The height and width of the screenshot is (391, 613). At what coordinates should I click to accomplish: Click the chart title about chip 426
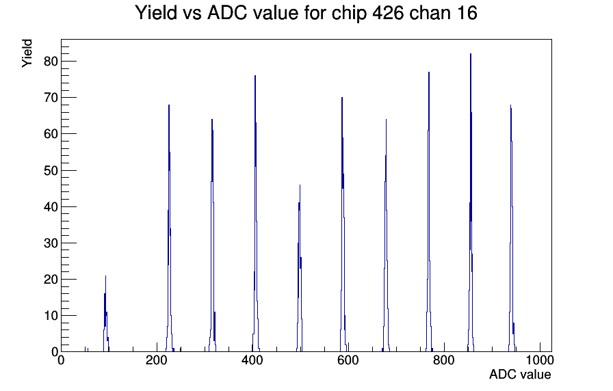(306, 13)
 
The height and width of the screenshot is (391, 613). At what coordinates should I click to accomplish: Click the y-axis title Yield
(27, 53)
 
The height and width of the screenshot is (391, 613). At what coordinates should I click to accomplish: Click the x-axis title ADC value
(520, 374)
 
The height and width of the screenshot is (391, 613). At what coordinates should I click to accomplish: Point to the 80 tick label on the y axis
(51, 62)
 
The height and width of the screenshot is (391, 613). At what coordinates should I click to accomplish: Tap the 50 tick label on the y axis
(51, 171)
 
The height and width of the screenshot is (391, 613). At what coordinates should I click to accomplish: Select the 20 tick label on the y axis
(51, 280)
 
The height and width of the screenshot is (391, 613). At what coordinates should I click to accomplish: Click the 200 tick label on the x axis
(157, 360)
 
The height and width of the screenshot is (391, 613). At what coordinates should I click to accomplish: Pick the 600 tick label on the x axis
(348, 360)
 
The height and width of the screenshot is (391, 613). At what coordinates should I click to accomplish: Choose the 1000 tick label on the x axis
(540, 360)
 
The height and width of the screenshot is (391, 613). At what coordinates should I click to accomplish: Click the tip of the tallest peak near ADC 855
(471, 54)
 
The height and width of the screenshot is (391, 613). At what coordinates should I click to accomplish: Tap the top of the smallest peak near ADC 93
(105, 276)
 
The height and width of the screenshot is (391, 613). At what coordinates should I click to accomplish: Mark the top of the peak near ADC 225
(169, 105)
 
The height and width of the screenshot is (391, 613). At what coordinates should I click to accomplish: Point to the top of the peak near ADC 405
(255, 76)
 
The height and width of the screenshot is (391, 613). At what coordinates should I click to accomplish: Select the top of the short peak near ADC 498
(300, 185)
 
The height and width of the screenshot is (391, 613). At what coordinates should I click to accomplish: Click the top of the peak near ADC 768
(429, 72)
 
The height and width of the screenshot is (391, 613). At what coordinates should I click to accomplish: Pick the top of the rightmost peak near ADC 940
(510, 105)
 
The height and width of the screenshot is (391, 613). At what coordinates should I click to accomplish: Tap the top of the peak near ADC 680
(386, 120)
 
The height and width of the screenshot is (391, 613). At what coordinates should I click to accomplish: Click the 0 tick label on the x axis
(61, 360)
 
